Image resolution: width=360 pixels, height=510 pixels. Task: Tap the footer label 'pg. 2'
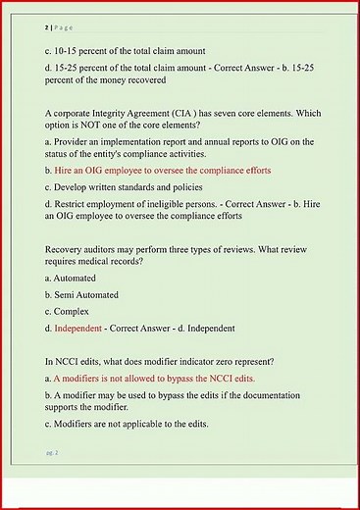point(52,452)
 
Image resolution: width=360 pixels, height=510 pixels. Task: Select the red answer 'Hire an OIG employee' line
point(163,171)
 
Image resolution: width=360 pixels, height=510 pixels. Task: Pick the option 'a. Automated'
point(71,279)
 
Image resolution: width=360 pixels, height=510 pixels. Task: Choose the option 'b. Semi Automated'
point(81,294)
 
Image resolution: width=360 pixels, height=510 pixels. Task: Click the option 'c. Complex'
point(68,311)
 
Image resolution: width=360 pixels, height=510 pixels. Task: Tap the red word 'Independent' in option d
point(78,328)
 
